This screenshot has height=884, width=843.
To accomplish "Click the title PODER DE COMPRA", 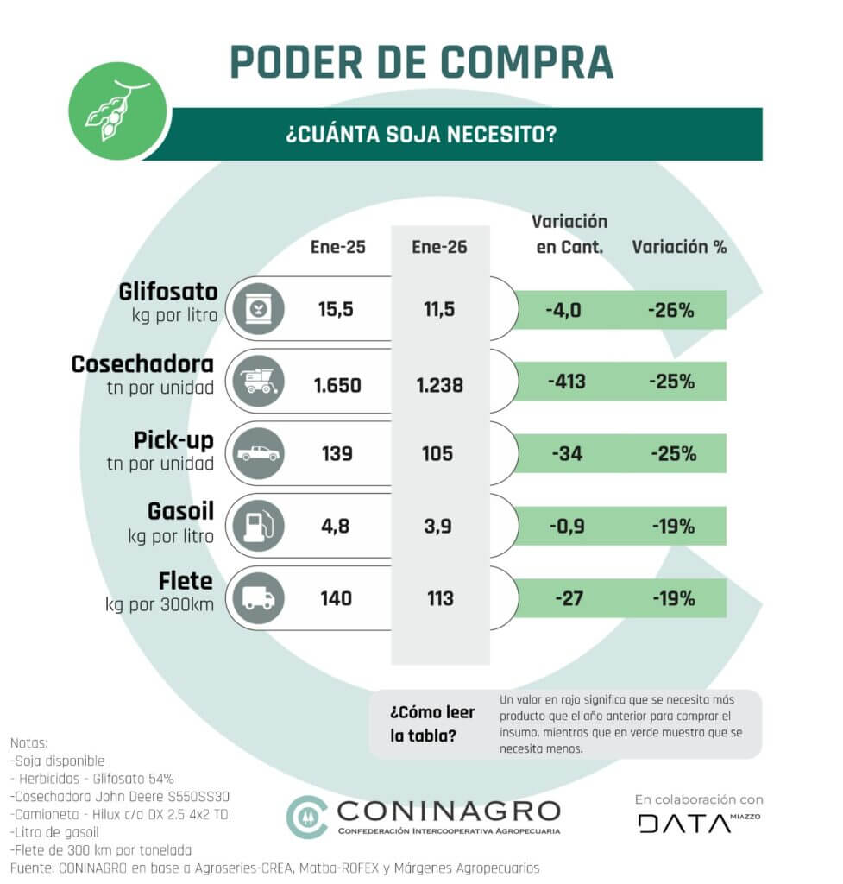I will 421,61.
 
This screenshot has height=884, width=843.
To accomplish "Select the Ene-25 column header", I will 337,247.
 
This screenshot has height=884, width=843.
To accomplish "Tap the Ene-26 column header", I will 440,247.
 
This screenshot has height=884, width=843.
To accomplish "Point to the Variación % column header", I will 679,247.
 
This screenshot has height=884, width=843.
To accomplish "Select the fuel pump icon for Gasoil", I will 257,526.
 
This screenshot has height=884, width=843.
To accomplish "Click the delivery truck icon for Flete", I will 257,598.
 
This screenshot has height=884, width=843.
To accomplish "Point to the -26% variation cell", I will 671,310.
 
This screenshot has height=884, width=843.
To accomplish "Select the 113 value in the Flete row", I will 440,598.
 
